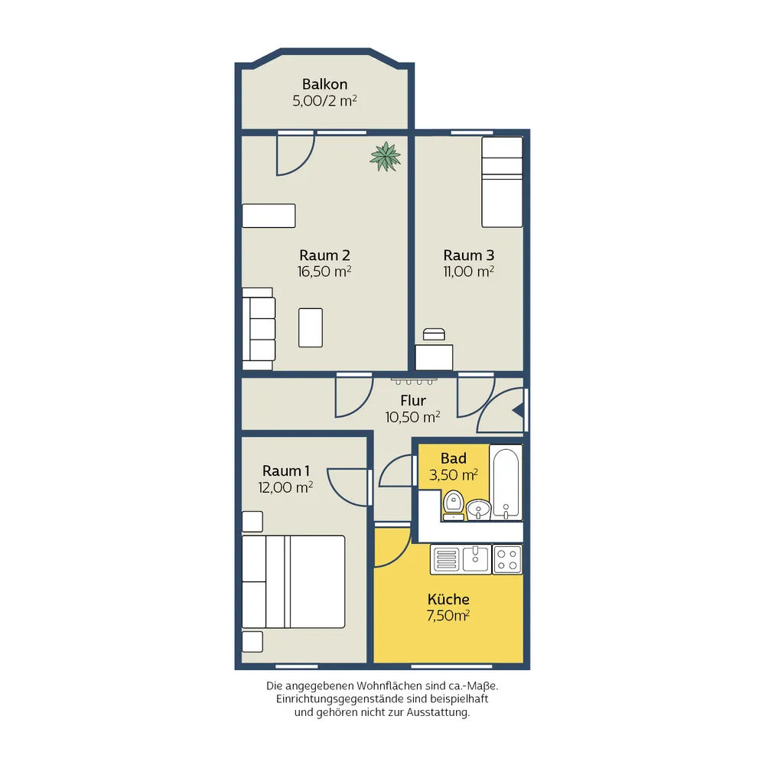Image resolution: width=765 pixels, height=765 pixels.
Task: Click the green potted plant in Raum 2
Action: point(386,157)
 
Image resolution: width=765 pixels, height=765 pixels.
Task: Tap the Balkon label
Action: point(324,84)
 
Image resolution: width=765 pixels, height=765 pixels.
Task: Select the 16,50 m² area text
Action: point(324,272)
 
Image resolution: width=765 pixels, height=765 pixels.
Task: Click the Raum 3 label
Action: point(468,256)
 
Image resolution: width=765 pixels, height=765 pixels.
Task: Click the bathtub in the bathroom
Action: point(506,482)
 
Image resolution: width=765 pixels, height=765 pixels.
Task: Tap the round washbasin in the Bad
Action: point(479,509)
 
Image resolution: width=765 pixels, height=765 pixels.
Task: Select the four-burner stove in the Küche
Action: point(507,560)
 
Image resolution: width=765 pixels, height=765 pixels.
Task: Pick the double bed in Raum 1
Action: point(294,581)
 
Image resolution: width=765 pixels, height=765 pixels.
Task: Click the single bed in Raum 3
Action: point(502,182)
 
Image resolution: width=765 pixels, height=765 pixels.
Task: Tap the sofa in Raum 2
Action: point(259,329)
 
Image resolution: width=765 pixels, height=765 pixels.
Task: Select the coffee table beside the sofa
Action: point(311,327)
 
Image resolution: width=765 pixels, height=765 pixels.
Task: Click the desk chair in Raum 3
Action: point(434,334)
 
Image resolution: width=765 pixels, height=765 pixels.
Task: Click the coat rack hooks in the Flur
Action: point(414,381)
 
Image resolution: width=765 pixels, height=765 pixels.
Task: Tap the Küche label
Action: point(448,599)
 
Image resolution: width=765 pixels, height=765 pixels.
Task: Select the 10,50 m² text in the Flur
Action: point(413,417)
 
